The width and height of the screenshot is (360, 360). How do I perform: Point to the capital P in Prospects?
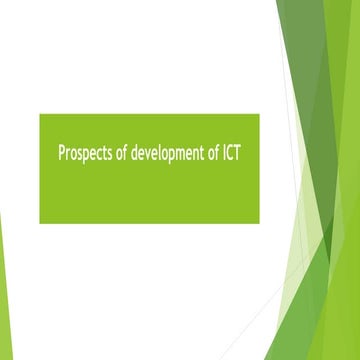pyautogui.click(x=61, y=155)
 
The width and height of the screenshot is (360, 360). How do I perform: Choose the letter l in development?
pyautogui.click(x=158, y=155)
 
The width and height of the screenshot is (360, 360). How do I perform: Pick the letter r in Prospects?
pyautogui.click(x=68, y=156)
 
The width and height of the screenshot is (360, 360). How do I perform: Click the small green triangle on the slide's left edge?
pyautogui.click(x=3, y=290)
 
